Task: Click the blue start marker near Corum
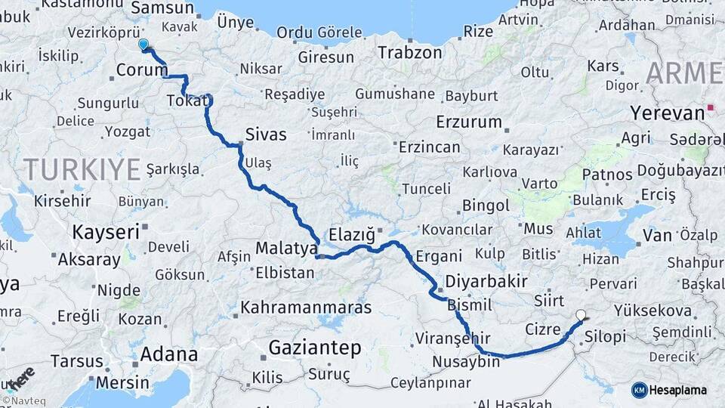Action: [143, 44]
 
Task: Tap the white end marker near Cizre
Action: [581, 315]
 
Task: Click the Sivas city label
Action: [266, 134]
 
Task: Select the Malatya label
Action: [286, 248]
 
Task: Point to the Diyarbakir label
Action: [486, 281]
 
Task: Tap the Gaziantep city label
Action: [315, 348]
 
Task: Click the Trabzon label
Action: [409, 53]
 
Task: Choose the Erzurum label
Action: [469, 122]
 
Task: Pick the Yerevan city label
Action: [667, 113]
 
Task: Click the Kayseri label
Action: [106, 231]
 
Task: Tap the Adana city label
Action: [168, 354]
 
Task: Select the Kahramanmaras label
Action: [306, 308]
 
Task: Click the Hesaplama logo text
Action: [680, 390]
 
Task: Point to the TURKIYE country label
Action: [82, 168]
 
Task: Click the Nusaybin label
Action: [466, 362]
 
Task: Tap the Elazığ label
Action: [353, 234]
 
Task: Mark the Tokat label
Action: [184, 100]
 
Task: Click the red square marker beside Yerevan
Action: [711, 108]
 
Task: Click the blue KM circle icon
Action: [640, 390]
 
